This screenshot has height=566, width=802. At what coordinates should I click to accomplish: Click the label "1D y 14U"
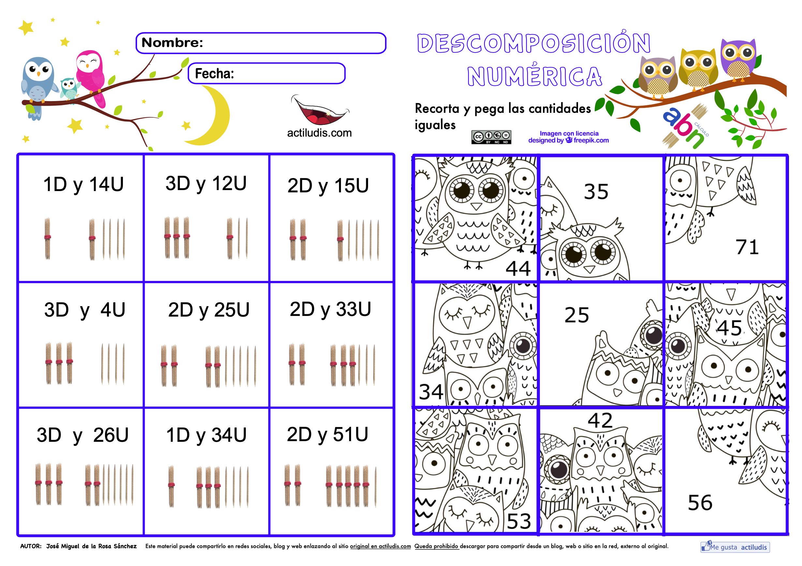[x=83, y=185]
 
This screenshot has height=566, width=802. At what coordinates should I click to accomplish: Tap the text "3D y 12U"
[x=206, y=184]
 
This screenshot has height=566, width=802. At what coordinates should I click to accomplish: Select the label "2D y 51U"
[x=328, y=435]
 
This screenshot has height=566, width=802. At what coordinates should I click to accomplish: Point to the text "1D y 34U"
[x=206, y=435]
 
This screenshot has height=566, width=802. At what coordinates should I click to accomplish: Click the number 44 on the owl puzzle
[x=518, y=268]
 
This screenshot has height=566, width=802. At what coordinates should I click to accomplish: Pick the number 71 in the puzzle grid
[x=747, y=247]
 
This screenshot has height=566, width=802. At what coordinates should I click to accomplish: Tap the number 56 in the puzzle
[x=700, y=503]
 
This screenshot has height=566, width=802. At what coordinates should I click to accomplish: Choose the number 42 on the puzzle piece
[x=600, y=420]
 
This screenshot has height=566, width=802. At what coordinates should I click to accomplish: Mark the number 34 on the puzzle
[x=431, y=392]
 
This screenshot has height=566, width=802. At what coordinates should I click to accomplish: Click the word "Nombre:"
[x=172, y=43]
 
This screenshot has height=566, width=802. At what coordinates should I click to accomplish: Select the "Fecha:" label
[x=215, y=74]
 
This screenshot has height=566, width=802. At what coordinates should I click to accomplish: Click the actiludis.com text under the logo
[x=319, y=133]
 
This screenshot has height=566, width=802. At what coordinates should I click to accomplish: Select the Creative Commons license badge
[x=491, y=137]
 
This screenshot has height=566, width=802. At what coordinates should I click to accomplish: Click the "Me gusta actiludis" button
[x=735, y=547]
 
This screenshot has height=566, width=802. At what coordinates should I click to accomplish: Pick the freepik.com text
[x=591, y=141]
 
